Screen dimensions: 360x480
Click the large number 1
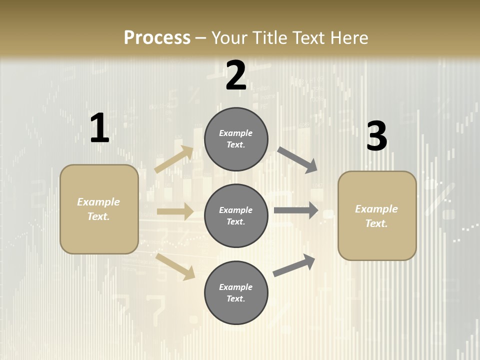click(99, 128)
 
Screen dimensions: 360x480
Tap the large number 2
click(236, 75)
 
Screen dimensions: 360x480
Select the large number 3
click(377, 136)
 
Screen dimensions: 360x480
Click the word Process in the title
click(157, 37)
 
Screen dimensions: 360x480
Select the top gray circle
click(236, 139)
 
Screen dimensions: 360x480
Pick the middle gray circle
click(236, 215)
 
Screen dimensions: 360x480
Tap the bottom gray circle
click(236, 292)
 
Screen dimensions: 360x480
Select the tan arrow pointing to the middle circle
click(175, 211)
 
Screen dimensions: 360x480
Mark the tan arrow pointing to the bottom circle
click(175, 266)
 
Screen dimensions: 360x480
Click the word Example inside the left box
click(98, 202)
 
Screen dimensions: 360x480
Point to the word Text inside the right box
click(376, 223)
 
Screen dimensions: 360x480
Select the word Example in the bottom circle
click(235, 287)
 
